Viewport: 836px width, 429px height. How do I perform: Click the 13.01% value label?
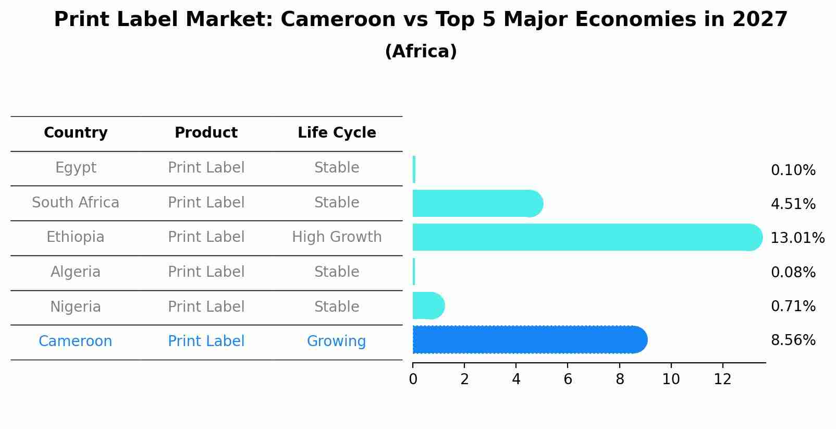(x=797, y=238)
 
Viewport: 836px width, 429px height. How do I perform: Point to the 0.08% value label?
(x=793, y=272)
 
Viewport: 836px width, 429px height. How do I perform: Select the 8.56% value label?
(x=793, y=340)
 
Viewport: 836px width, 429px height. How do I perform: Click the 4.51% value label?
(x=793, y=204)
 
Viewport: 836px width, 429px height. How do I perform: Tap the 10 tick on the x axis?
(x=671, y=379)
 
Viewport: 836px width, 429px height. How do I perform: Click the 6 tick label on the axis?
(x=568, y=379)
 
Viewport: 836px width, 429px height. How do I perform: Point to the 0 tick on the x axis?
(x=413, y=379)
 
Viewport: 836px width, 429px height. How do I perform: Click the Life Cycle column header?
(x=337, y=133)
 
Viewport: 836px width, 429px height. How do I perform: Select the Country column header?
(x=76, y=133)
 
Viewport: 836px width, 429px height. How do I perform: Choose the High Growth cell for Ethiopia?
(x=337, y=237)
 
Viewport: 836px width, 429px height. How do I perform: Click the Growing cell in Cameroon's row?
(x=336, y=341)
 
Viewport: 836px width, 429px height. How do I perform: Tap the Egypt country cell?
(x=76, y=168)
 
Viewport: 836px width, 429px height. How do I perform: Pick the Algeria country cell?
(x=76, y=272)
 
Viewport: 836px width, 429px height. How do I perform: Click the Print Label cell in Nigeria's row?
(x=206, y=307)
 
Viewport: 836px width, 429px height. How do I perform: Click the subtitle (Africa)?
(x=421, y=52)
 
